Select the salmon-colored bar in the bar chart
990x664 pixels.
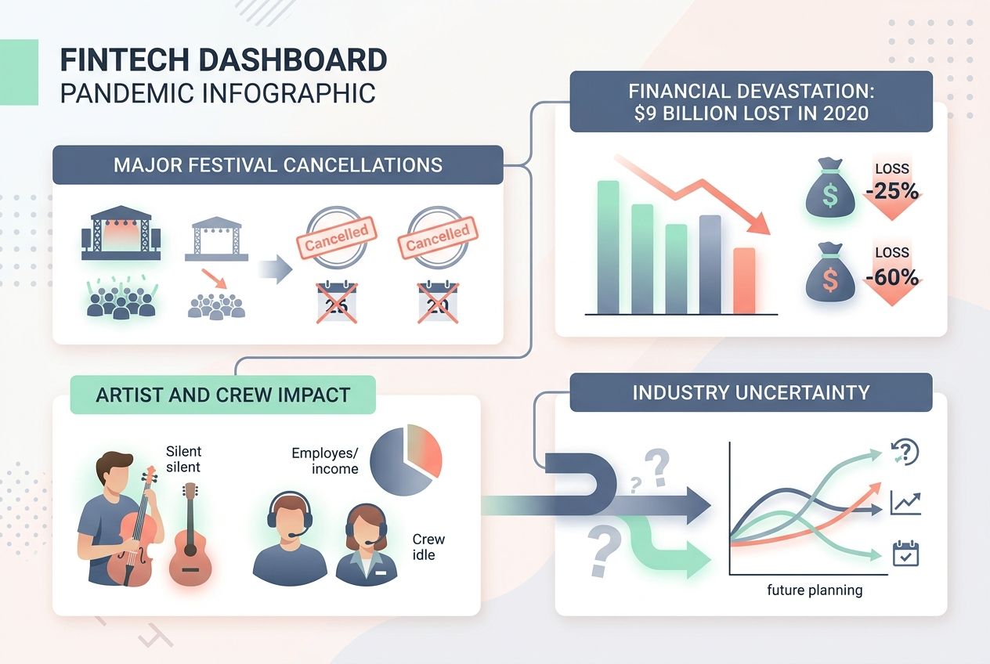coord(745,280)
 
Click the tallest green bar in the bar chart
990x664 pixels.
coord(608,247)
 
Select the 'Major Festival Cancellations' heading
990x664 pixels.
coord(278,165)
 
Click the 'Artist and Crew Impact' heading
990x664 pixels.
coord(222,395)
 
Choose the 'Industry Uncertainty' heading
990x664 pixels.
coord(750,392)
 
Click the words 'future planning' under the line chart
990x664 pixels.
coord(815,590)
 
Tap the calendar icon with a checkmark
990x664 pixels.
coord(905,554)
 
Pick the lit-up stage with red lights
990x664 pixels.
coord(121,233)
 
